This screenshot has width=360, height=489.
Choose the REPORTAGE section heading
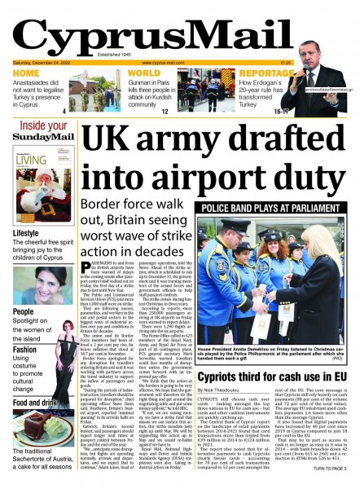(244, 73)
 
